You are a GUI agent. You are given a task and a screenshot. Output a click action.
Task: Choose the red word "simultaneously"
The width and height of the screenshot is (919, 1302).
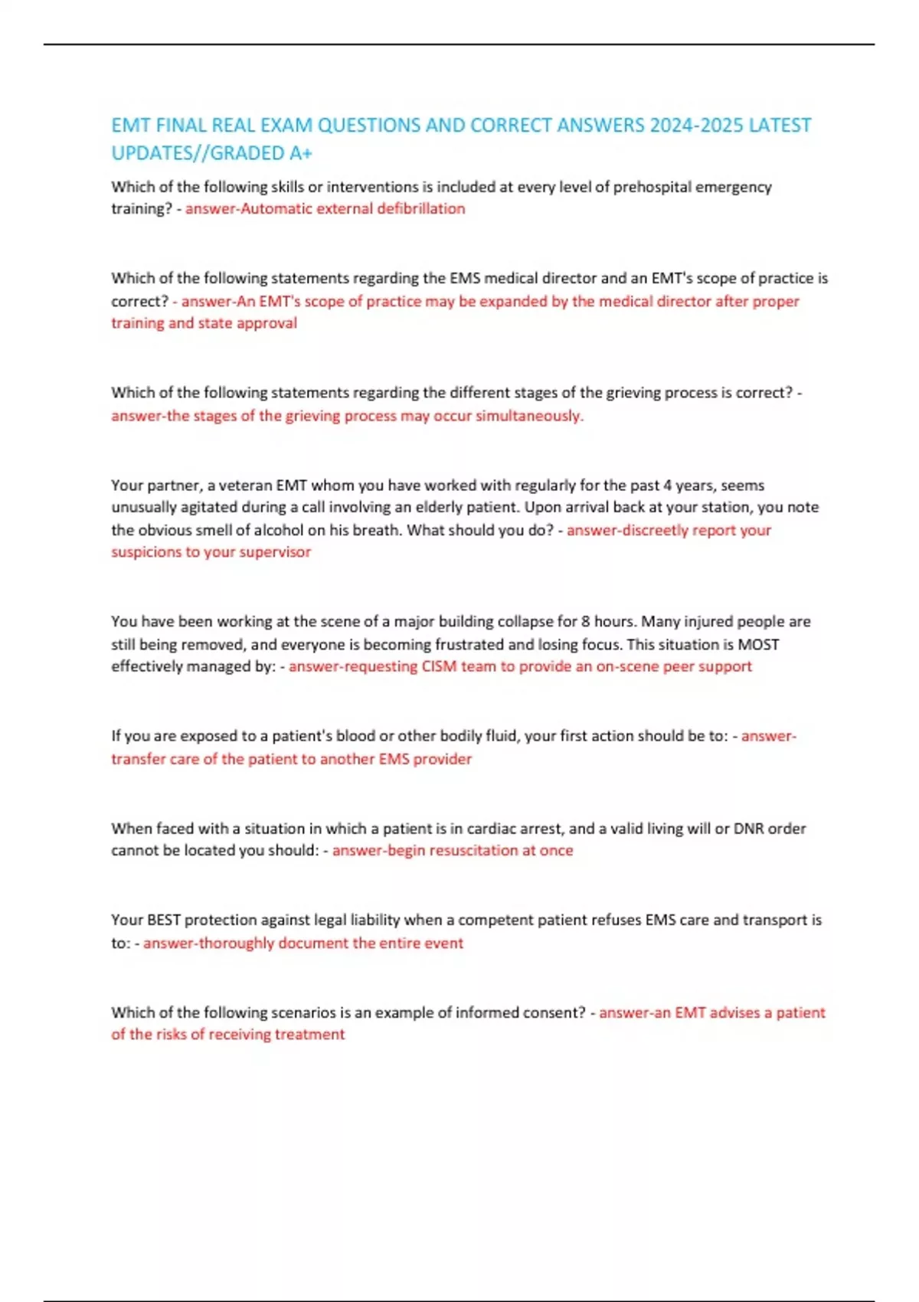click(x=528, y=416)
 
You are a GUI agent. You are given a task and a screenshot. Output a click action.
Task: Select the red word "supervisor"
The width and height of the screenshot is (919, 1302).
click(x=275, y=552)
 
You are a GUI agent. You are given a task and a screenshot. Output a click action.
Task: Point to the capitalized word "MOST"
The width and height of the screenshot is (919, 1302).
click(x=758, y=645)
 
